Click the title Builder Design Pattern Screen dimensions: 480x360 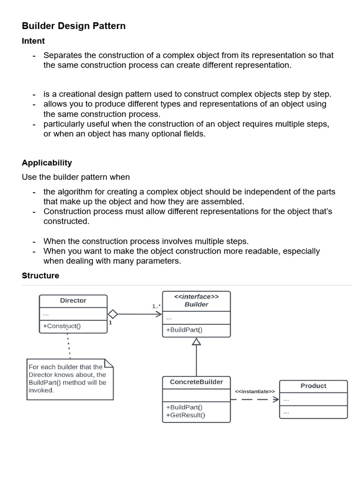[x=74, y=26]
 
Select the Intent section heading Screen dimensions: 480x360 [x=33, y=41]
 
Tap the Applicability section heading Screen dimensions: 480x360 [x=47, y=163]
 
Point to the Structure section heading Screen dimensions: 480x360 [x=40, y=276]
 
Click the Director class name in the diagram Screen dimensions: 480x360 [x=73, y=300]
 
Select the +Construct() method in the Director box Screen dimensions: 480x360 [x=61, y=326]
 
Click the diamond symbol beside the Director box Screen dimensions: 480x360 [x=112, y=314]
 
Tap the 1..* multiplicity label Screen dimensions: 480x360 [x=156, y=306]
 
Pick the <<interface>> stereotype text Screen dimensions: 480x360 [x=196, y=297]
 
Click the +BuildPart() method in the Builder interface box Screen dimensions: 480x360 [x=184, y=330]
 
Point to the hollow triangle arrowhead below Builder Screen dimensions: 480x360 [x=196, y=342]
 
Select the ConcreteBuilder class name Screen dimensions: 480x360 [x=196, y=382]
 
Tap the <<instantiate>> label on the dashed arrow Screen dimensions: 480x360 [x=255, y=391]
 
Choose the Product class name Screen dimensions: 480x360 [x=313, y=386]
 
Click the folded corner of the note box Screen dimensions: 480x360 [x=108, y=363]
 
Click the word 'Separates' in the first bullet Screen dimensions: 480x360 [x=62, y=55]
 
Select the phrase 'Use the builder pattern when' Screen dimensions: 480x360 [x=75, y=177]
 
